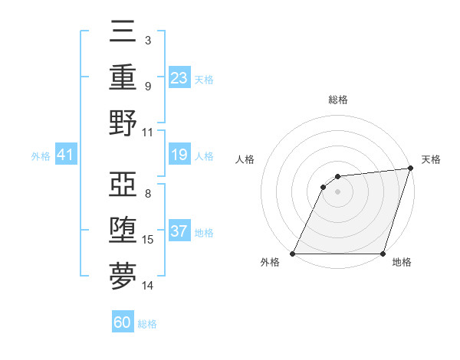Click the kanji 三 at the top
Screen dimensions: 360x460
[123, 33]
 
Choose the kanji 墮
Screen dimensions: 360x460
[123, 231]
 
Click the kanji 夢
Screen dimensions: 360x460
[123, 277]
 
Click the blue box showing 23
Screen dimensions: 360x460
[179, 77]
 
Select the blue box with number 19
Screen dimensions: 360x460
[179, 155]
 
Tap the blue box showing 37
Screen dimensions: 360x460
[179, 231]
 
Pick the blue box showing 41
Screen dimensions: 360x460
[66, 155]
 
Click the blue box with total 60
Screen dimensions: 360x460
[123, 322]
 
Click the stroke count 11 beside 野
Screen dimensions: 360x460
[148, 132]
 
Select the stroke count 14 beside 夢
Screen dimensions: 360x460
[148, 286]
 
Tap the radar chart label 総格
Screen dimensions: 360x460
[337, 100]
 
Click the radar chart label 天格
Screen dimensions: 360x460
[431, 159]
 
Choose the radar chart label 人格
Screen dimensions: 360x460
[245, 159]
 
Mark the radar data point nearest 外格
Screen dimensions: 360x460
[292, 254]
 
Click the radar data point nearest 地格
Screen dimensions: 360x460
[383, 254]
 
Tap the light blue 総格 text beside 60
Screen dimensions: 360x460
[147, 323]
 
